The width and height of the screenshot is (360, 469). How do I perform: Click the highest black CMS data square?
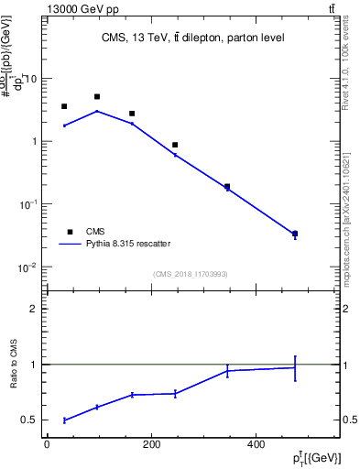[97, 96]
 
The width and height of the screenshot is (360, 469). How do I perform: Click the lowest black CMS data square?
[295, 234]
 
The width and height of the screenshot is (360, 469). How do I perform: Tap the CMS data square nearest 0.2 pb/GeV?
[227, 186]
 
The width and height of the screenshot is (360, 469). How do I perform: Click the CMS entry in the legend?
[95, 232]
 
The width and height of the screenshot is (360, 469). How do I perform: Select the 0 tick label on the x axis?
[47, 445]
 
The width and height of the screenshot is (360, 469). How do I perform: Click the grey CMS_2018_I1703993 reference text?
[191, 273]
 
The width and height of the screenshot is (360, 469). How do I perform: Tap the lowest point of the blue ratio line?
[64, 420]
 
